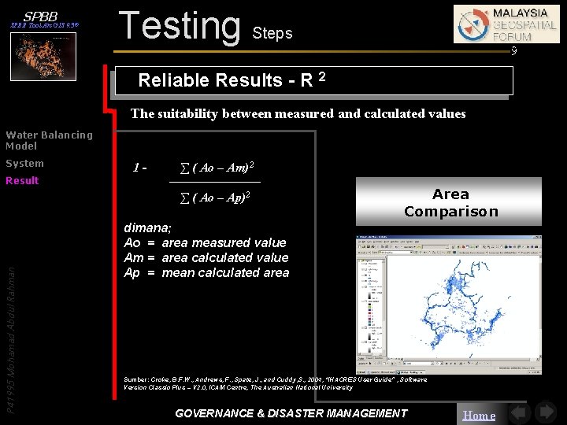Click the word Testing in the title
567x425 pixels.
click(x=179, y=25)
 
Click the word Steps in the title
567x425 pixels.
click(x=272, y=33)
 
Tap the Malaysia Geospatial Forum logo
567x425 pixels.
click(x=506, y=24)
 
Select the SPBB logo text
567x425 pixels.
click(x=40, y=17)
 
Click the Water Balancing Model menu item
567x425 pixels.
click(x=49, y=140)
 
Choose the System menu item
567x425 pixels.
click(x=24, y=164)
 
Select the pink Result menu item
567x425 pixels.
click(x=22, y=181)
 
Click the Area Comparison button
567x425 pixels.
click(x=450, y=202)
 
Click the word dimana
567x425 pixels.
click(x=148, y=228)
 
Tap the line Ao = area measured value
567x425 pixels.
click(x=205, y=242)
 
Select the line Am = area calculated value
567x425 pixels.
click(x=206, y=257)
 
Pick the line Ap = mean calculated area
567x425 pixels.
click(x=206, y=272)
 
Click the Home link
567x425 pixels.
click(x=479, y=415)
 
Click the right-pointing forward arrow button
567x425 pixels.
click(x=545, y=413)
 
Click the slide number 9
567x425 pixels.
click(x=513, y=52)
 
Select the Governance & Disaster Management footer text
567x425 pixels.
click(x=291, y=413)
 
